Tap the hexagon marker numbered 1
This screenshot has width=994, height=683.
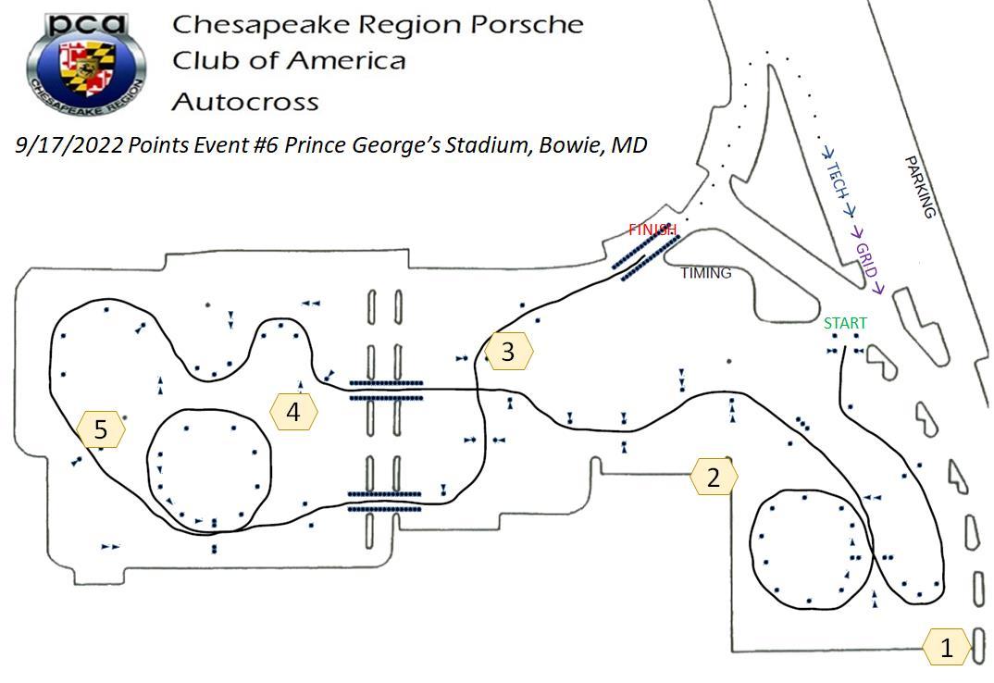(946, 648)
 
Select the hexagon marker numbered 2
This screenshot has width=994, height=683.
(714, 478)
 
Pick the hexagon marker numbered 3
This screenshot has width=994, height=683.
(508, 352)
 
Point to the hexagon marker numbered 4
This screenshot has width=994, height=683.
(293, 412)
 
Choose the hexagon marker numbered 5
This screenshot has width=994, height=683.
(101, 429)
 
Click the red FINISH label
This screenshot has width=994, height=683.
(652, 230)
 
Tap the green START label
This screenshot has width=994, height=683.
(845, 323)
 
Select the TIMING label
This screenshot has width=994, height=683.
(705, 273)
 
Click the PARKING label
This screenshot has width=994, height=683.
(920, 187)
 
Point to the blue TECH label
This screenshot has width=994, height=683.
(838, 180)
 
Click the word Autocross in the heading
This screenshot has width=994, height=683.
(245, 101)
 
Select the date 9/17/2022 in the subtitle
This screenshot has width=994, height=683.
(69, 145)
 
